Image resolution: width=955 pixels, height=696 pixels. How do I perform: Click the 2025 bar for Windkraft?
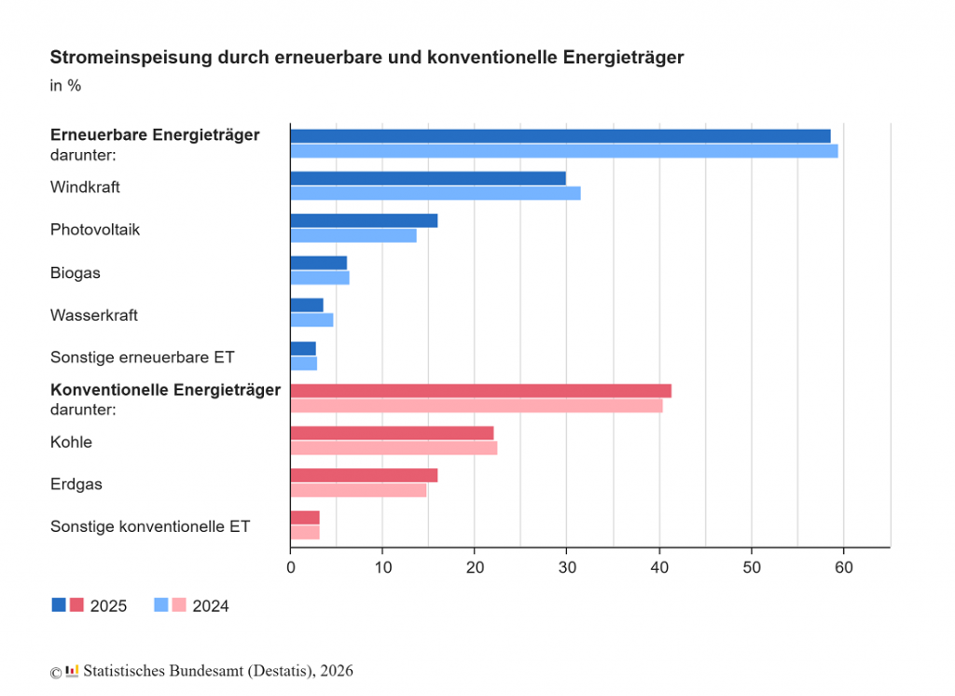[x=428, y=178]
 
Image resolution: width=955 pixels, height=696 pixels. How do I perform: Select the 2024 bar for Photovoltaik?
[x=353, y=235]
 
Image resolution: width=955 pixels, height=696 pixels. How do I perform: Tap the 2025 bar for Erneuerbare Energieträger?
[x=561, y=136]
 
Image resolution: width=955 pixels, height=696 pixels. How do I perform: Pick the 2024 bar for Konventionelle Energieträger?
[x=477, y=406]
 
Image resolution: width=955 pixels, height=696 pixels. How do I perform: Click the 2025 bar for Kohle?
[x=392, y=433]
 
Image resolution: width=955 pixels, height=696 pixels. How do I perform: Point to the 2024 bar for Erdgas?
[x=358, y=490]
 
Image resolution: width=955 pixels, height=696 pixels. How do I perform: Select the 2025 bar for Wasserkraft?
[x=307, y=305]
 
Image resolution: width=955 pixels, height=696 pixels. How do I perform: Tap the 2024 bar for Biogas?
[x=320, y=278]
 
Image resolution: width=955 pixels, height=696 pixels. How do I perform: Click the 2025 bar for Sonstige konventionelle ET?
[x=305, y=518]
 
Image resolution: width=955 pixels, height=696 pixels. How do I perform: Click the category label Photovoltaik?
[x=95, y=230]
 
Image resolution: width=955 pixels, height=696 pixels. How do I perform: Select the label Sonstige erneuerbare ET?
[x=143, y=357]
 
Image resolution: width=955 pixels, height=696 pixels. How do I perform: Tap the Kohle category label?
[x=71, y=442]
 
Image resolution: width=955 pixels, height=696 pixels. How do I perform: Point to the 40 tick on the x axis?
[x=659, y=567]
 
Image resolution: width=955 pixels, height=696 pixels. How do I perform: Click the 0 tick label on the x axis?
[x=291, y=567]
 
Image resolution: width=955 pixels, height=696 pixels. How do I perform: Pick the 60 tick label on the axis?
[x=843, y=567]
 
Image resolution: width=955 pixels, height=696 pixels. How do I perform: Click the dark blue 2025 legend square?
[x=59, y=606]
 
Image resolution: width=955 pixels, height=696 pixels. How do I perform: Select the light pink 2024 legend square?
[x=178, y=606]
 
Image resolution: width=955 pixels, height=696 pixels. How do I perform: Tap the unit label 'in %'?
[x=65, y=86]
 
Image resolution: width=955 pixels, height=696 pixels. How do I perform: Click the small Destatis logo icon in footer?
[x=72, y=671]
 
